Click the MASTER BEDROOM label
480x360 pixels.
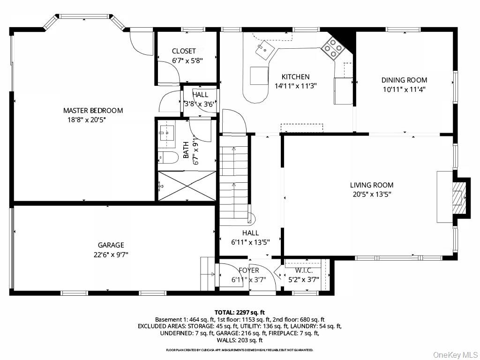tap(93, 111)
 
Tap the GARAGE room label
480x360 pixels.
tap(111, 245)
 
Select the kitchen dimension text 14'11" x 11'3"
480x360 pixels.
tap(295, 86)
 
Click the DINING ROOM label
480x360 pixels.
tap(404, 80)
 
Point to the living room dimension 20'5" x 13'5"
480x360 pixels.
tap(372, 194)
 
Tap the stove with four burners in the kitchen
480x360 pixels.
tap(332, 48)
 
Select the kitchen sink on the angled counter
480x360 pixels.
tap(264, 49)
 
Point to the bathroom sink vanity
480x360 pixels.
tap(166, 133)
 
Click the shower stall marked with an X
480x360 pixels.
tap(187, 186)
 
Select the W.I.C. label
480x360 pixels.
tap(307, 270)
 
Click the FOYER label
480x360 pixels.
tap(248, 270)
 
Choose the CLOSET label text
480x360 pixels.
tap(184, 51)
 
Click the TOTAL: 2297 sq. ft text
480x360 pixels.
tap(240, 312)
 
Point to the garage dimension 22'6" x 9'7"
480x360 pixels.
tap(111, 255)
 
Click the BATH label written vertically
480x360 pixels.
tap(186, 150)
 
